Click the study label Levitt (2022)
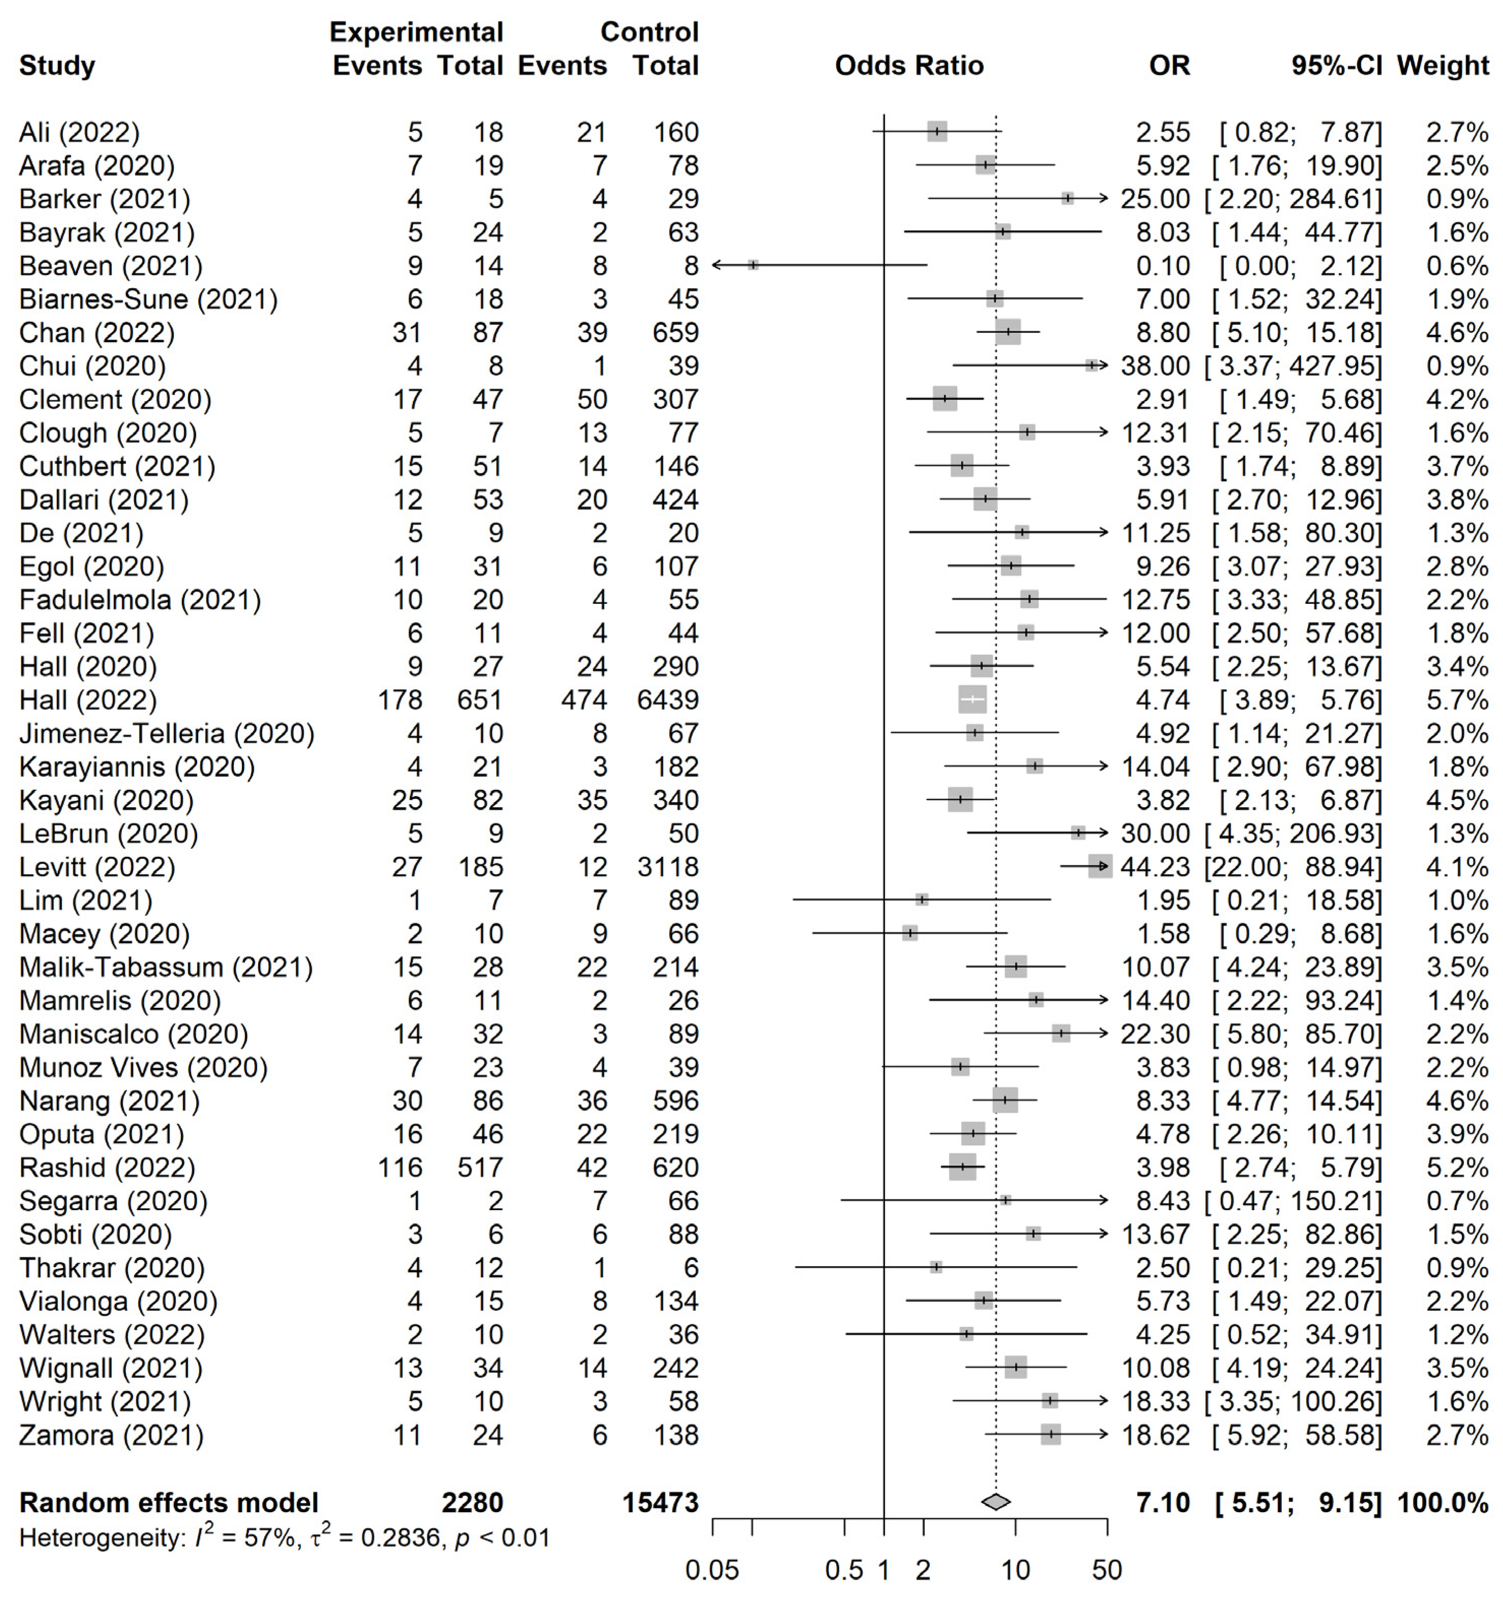coord(97,867)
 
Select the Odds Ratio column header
coord(909,65)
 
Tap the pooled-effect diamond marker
coord(996,1502)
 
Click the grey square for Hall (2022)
coord(972,700)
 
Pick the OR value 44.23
coord(1155,867)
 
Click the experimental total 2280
coord(472,1502)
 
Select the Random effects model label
coord(169,1502)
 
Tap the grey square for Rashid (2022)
coord(962,1167)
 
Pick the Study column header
coord(57,65)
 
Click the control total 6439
coord(667,700)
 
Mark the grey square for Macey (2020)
coord(909,933)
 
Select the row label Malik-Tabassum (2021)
coord(166,967)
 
